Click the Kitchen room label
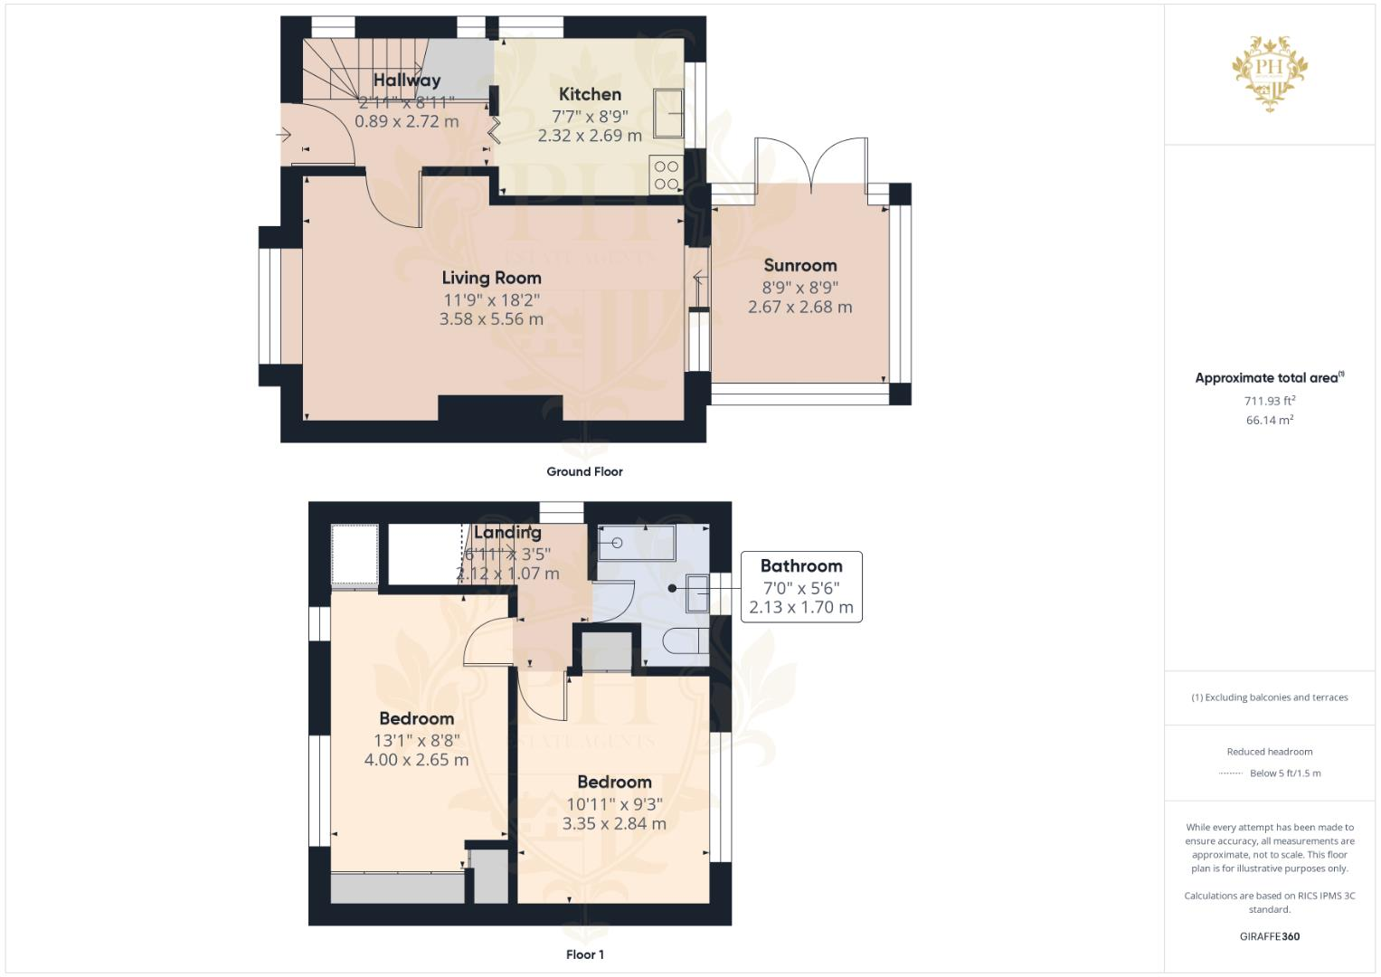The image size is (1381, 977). (x=590, y=94)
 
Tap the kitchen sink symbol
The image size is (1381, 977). (x=668, y=113)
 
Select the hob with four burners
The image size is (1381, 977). (x=667, y=175)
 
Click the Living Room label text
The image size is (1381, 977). (x=491, y=278)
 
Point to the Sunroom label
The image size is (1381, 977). (x=800, y=265)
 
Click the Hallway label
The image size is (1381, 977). (x=407, y=81)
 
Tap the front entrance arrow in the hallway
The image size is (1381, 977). (x=283, y=136)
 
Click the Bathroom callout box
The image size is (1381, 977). (x=801, y=586)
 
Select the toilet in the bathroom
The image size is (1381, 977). (x=686, y=641)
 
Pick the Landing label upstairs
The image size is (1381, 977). (x=507, y=533)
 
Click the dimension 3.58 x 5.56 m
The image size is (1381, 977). (x=491, y=319)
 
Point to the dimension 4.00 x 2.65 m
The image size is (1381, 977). (x=416, y=760)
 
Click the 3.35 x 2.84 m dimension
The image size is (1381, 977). (x=614, y=824)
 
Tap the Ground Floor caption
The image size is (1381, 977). (x=584, y=471)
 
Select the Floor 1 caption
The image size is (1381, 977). (x=584, y=954)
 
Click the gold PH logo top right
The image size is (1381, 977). (x=1270, y=71)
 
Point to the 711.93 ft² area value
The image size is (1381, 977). (x=1270, y=400)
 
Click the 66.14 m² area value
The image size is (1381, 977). (x=1270, y=420)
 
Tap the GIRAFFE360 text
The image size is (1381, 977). (x=1270, y=936)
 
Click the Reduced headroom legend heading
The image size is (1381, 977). (x=1270, y=752)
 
